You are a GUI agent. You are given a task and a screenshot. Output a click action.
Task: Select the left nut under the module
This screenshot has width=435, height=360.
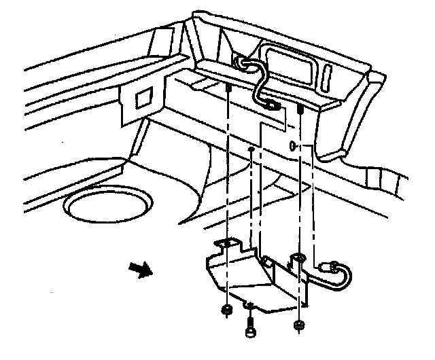point(226,311)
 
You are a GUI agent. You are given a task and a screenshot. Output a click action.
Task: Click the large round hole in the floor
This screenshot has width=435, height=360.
point(108,205)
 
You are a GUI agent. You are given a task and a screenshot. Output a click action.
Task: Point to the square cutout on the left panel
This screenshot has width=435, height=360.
point(144,98)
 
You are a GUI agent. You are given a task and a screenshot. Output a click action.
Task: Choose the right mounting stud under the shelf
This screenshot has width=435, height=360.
point(299,109)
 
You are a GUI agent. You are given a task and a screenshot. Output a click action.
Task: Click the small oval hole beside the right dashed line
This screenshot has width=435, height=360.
point(292,145)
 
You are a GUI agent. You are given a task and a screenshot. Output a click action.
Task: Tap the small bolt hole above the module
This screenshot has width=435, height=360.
point(251,148)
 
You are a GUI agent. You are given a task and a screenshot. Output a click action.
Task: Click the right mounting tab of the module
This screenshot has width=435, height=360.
point(298,259)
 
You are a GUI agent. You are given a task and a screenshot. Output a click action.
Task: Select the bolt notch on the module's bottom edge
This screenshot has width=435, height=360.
point(250,304)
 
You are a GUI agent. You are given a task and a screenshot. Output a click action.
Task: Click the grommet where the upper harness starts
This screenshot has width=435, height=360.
point(241,62)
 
